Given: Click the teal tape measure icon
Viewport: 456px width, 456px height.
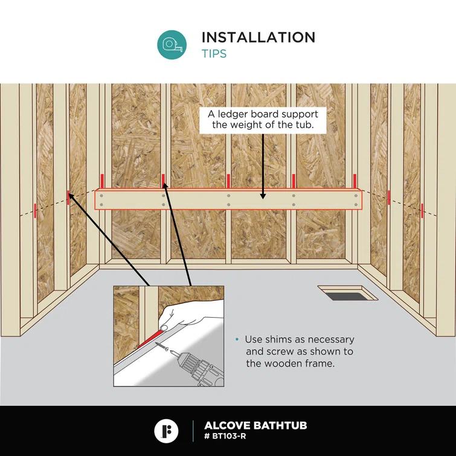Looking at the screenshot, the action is (x=172, y=45).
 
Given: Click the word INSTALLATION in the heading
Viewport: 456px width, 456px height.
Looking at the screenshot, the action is (x=259, y=37).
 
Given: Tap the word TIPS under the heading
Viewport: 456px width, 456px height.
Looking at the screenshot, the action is (x=214, y=54).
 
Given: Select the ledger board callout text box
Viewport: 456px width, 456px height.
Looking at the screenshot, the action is (x=263, y=120).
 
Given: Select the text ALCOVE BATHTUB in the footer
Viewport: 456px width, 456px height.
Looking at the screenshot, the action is (x=255, y=425).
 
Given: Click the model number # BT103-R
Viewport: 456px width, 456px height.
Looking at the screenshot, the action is (x=225, y=436).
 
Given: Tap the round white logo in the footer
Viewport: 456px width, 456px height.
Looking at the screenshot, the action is (x=166, y=431).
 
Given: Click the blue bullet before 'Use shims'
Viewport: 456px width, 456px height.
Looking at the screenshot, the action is (x=237, y=339).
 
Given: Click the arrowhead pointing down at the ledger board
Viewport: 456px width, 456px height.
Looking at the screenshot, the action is (x=263, y=196).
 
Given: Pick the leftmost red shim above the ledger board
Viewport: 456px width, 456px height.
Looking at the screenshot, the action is (x=102, y=181).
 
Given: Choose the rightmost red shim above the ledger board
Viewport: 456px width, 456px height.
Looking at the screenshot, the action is (x=355, y=181).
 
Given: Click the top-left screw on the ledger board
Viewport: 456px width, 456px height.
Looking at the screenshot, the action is (x=101, y=196).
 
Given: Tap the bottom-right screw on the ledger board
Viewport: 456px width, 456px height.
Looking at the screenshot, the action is (x=356, y=205).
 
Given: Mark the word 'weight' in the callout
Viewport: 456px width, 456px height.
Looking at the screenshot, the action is (x=247, y=126).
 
